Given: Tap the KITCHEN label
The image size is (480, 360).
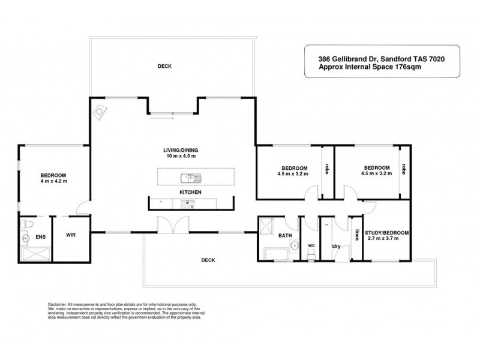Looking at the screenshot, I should (x=190, y=192).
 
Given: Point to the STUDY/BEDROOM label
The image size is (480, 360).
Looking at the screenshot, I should (x=389, y=233).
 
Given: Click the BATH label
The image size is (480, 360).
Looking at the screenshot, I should (x=285, y=236).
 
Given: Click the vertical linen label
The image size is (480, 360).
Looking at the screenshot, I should (x=356, y=235).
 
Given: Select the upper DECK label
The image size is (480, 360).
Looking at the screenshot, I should (x=164, y=66).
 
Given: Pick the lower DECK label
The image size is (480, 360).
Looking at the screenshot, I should (x=208, y=260).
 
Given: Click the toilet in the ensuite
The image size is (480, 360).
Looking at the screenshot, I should (x=26, y=223).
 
